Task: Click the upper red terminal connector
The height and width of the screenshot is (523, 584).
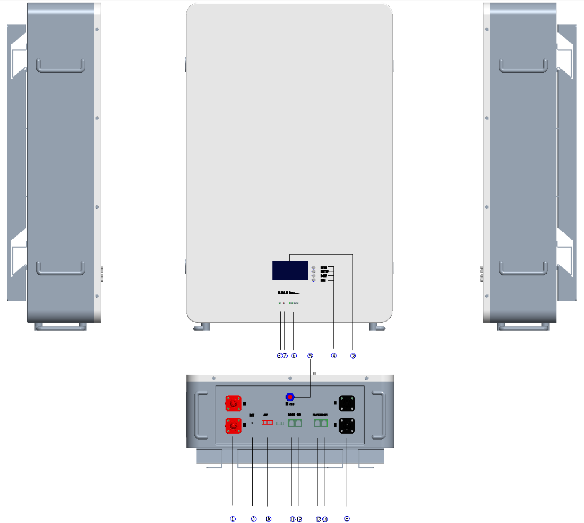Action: click(x=233, y=404)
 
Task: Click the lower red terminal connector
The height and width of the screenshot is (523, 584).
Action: click(x=233, y=425)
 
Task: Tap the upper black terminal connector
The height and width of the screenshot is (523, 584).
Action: click(x=347, y=404)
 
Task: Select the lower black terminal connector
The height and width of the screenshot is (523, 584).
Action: click(x=347, y=425)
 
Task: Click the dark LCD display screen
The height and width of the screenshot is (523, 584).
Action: click(x=290, y=271)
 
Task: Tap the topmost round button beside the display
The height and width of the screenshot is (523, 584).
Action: click(x=314, y=267)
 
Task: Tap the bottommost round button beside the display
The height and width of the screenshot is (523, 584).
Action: click(x=314, y=280)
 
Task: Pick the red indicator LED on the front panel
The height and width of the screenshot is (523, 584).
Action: click(x=284, y=303)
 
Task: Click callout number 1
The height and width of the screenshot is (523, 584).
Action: click(x=233, y=519)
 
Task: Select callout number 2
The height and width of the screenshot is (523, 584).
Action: click(x=347, y=519)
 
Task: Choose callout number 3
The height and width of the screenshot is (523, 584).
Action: click(x=352, y=356)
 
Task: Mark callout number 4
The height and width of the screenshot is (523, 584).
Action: click(x=333, y=356)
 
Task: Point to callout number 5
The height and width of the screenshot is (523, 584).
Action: click(x=311, y=356)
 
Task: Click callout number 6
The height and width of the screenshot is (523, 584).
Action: click(x=294, y=356)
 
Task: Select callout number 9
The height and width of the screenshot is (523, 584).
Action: click(x=253, y=519)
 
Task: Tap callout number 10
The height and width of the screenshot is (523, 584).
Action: click(x=268, y=519)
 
